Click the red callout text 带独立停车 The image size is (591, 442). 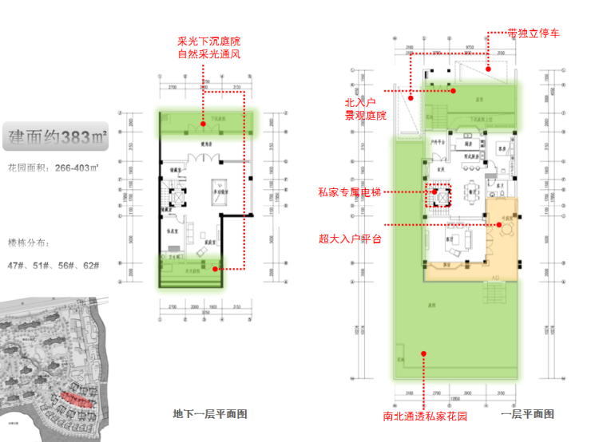pyautogui.click(x=533, y=34)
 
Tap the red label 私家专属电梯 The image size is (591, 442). pyautogui.click(x=349, y=191)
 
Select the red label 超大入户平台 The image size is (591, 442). pyautogui.click(x=350, y=239)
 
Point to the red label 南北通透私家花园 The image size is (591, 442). pyautogui.click(x=424, y=416)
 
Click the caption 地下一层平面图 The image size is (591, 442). pyautogui.click(x=210, y=414)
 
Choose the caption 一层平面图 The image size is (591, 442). pyautogui.click(x=527, y=414)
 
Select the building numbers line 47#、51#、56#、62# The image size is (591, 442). pyautogui.click(x=53, y=265)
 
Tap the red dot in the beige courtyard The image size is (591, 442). pyautogui.click(x=498, y=225)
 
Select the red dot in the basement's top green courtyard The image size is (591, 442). pyautogui.click(x=204, y=122)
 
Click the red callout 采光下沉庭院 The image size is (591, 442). pyautogui.click(x=208, y=41)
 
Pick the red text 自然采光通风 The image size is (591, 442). pyautogui.click(x=208, y=54)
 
